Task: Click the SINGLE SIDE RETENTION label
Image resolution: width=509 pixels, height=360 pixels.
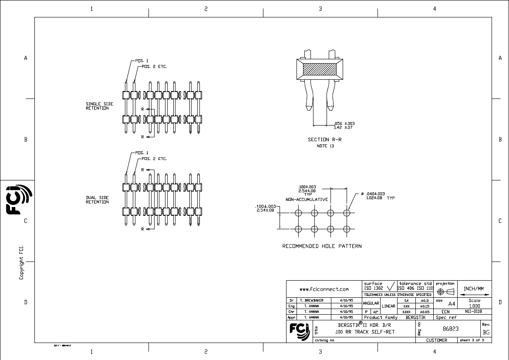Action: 97,106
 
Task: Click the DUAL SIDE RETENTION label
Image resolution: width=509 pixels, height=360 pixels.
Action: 97,200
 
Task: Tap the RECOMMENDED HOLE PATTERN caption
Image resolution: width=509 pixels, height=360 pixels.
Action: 322,246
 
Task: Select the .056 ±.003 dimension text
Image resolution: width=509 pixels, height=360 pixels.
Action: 344,123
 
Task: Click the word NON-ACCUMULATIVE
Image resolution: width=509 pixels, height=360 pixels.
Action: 307,199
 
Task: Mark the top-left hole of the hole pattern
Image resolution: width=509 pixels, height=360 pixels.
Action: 298,213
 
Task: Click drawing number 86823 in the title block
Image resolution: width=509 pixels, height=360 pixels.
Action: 451,329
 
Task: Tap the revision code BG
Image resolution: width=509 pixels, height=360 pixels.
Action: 486,332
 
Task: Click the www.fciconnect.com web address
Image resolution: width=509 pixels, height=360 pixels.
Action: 324,289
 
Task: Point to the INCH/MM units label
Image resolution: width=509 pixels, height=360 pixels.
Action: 474,288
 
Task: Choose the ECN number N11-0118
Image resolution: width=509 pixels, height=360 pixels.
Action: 473,312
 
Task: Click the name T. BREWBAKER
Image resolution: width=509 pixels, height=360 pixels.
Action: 311,300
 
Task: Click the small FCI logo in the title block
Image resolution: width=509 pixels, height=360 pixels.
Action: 299,330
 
